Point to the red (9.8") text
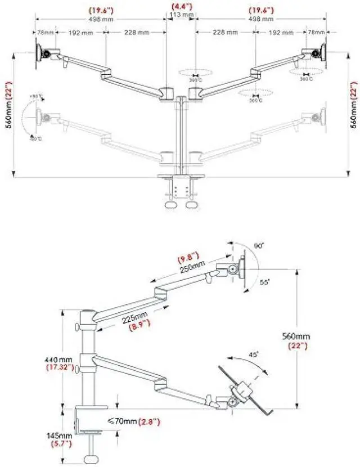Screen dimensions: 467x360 point(188,260)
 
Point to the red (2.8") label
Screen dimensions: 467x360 point(154,420)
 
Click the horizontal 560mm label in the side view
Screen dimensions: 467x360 point(296,336)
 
